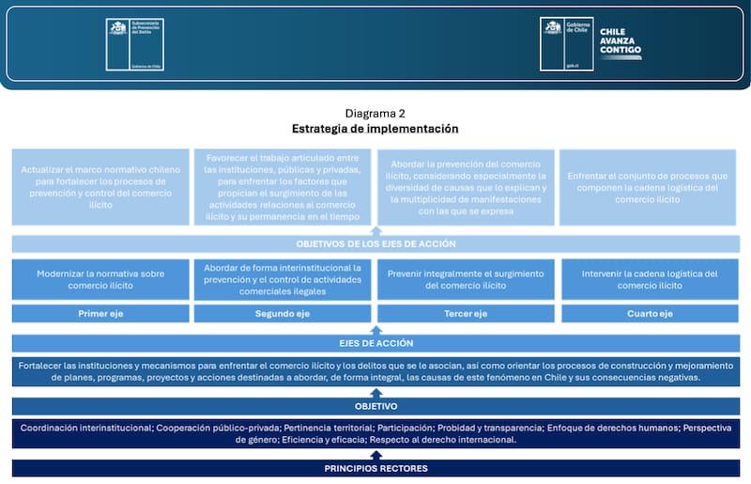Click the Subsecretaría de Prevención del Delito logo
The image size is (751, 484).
[x=134, y=43]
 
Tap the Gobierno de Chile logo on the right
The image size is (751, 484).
[x=566, y=43]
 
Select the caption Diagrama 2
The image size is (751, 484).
[x=375, y=113]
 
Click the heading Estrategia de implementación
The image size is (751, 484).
[x=375, y=128]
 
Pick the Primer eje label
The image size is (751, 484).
[x=100, y=314]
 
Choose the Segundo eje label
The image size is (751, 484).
[x=283, y=314]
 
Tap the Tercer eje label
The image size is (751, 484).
[x=466, y=314]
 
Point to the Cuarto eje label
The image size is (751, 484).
[x=650, y=314]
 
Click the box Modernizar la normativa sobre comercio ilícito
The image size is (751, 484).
[x=100, y=279]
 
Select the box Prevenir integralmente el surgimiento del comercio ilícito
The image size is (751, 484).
[x=466, y=279]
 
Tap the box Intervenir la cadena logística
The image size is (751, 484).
[x=650, y=279]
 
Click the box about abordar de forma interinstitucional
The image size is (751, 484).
[x=283, y=279]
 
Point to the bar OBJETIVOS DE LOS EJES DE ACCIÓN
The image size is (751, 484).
[x=375, y=244]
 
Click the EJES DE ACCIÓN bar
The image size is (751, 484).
[x=375, y=343]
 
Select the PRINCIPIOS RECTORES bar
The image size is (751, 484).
[x=375, y=468]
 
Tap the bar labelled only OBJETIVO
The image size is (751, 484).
[x=375, y=406]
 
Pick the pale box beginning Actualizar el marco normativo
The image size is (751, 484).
[x=100, y=186]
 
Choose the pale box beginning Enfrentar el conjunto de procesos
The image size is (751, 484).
[x=650, y=186]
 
